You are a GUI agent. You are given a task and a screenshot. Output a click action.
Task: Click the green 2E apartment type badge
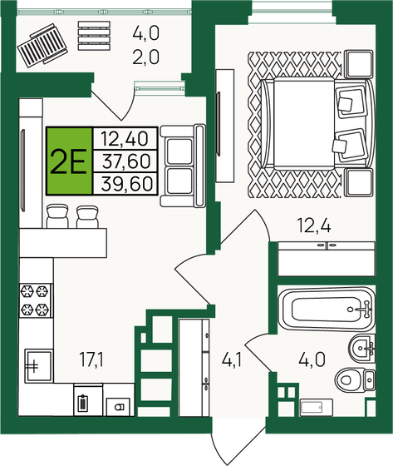[69, 161]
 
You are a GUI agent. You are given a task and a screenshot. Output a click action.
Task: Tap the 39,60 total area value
[120, 184]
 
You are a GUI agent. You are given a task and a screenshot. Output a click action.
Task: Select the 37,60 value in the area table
[120, 161]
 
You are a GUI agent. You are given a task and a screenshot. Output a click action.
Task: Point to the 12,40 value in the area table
[120, 138]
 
